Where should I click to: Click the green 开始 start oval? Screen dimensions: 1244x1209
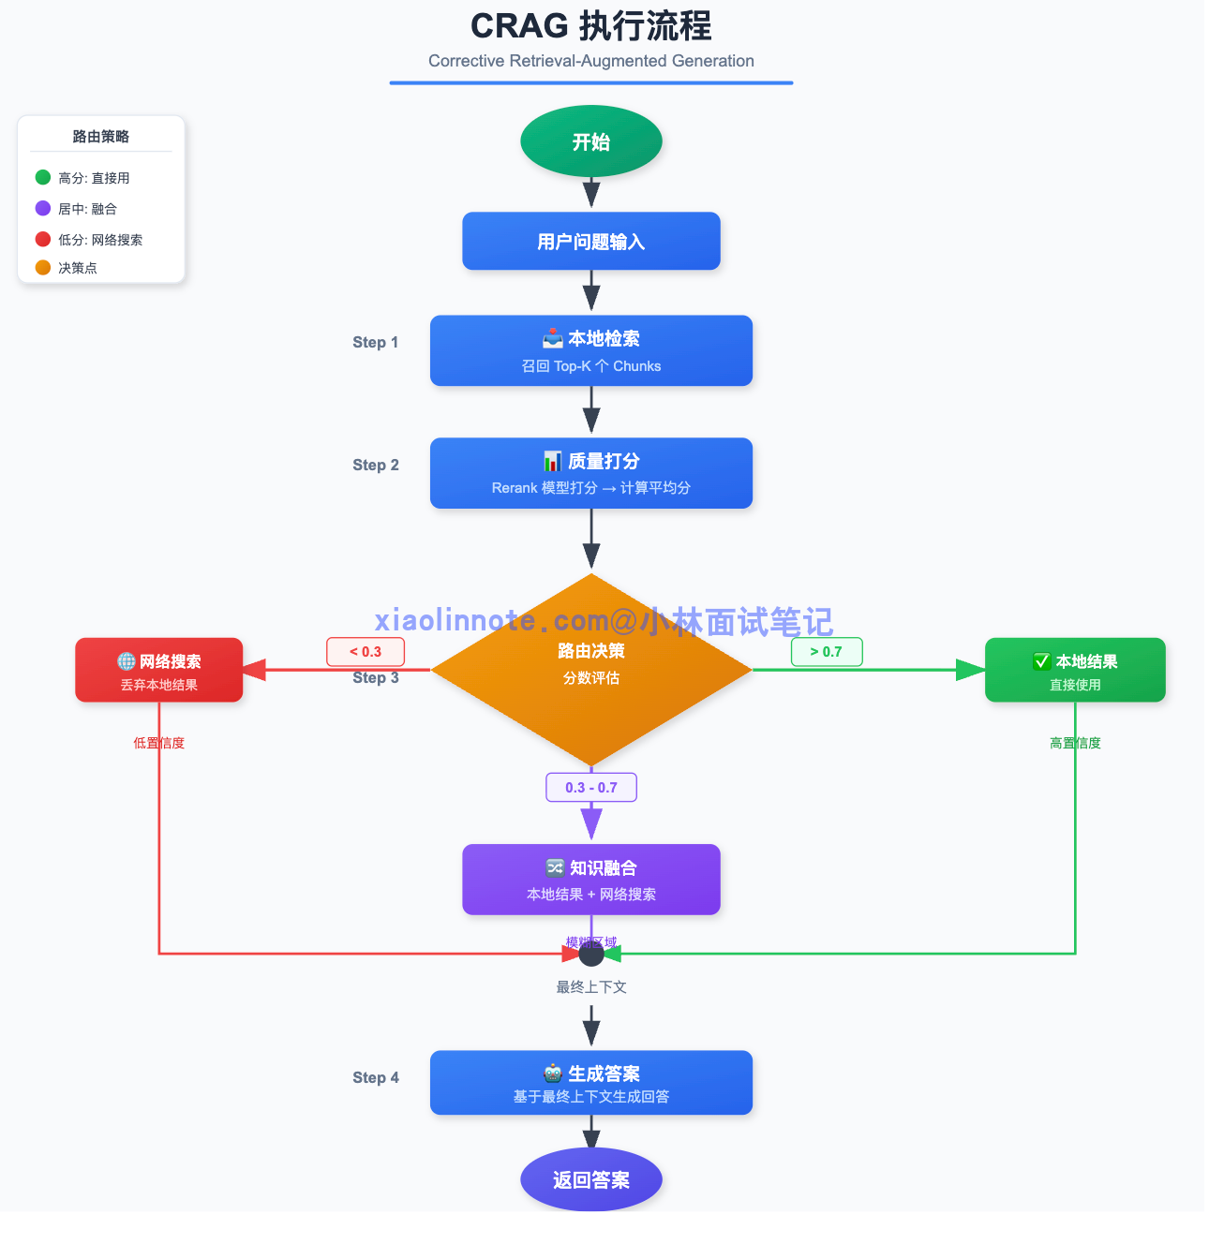pos(591,141)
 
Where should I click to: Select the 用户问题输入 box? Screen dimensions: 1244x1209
pos(591,242)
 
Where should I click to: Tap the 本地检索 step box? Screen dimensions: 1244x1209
pos(591,350)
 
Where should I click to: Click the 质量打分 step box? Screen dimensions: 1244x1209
pos(591,473)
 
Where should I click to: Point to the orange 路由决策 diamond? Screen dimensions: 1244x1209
pos(591,669)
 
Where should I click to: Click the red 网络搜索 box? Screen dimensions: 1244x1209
pos(159,671)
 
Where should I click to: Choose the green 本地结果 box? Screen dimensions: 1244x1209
pos(1075,671)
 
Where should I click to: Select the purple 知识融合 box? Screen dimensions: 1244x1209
pos(591,880)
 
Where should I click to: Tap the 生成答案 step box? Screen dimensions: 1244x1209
pos(591,1083)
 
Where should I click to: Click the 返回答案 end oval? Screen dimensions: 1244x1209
pos(591,1179)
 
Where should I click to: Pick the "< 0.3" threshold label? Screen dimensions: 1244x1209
pos(366,652)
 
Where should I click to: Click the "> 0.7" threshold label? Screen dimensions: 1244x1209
pos(827,652)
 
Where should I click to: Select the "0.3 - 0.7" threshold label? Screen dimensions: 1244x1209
pos(591,788)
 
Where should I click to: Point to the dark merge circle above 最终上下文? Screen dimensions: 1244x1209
pos(591,954)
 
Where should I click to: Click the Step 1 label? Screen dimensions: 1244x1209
pos(376,343)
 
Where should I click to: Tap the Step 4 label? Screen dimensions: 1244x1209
pos(376,1078)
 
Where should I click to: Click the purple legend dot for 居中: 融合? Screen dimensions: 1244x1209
pos(43,208)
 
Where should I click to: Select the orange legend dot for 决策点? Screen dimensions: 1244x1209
pos(43,268)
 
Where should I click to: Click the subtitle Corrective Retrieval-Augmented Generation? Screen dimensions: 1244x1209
pos(591,61)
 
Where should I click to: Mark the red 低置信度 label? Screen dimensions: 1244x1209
pos(159,743)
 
